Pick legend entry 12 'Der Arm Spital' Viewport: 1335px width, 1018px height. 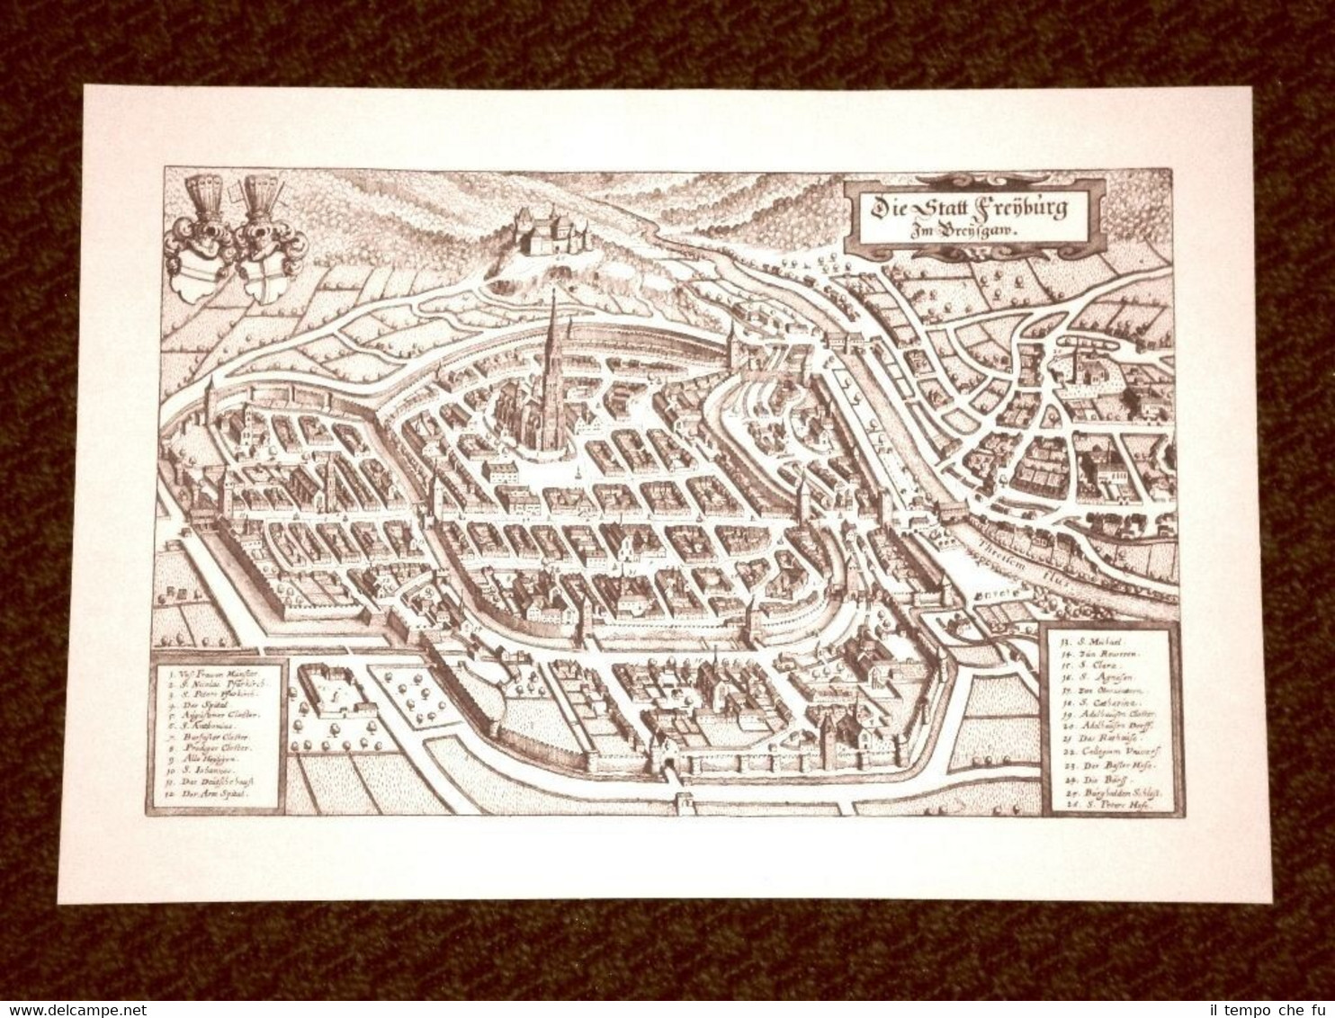pyautogui.click(x=216, y=795)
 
